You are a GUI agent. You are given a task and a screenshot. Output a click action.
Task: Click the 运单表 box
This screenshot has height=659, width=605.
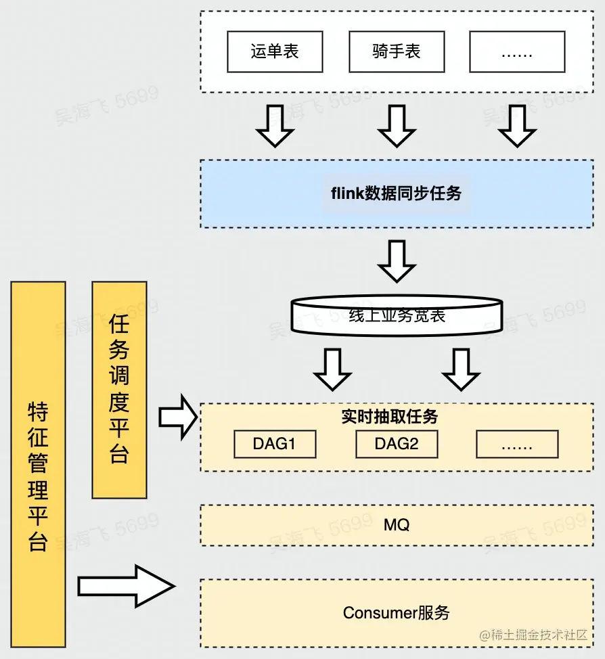point(275,52)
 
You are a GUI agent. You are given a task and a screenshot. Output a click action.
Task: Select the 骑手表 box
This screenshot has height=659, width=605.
point(397,52)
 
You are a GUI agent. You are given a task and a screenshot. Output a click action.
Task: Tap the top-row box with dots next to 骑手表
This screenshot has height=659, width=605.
point(517,52)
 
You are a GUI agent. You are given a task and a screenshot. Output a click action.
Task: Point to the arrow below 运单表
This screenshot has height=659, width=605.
point(275,126)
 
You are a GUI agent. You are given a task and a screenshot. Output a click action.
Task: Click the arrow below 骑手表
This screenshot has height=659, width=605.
point(397,126)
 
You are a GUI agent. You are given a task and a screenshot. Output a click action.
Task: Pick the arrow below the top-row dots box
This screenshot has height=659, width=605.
point(517,126)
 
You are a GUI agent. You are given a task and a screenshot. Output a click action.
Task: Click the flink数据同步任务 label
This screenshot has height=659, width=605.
point(397,194)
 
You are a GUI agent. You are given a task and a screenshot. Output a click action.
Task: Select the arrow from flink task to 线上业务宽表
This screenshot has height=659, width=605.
point(397,261)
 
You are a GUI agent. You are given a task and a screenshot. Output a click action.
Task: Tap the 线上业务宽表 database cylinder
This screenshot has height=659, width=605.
point(397,315)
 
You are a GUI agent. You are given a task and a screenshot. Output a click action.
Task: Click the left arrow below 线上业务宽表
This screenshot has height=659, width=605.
point(333,369)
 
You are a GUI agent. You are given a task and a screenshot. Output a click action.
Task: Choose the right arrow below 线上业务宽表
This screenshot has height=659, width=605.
point(461,369)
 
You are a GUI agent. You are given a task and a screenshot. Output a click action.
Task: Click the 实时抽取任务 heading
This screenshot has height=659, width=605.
point(390,417)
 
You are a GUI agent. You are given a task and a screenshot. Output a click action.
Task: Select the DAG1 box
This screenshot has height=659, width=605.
point(275,445)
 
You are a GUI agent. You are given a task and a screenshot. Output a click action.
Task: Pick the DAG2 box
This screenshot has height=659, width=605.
point(397,445)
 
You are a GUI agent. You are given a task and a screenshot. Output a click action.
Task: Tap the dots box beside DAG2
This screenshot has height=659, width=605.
point(517,445)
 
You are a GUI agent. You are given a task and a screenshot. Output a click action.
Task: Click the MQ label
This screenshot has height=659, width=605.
point(397,525)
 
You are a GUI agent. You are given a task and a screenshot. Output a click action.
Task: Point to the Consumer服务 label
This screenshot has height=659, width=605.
point(397,613)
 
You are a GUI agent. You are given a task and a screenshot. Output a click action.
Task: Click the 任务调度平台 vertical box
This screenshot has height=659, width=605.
point(119,390)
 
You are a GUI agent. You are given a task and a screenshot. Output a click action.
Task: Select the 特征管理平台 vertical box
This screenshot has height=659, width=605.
point(39,464)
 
